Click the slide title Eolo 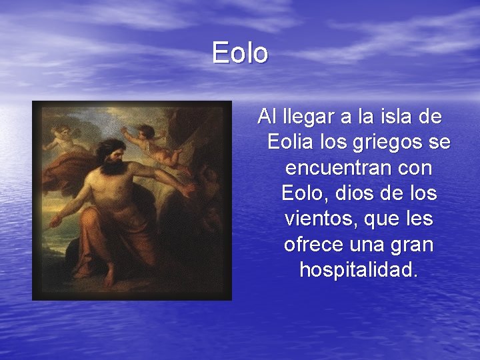[240, 53]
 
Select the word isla [395, 117]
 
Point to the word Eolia [289, 143]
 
